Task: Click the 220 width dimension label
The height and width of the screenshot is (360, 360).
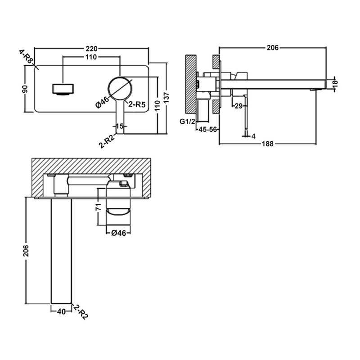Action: coord(92,49)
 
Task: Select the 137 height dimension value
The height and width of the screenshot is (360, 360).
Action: coord(166,98)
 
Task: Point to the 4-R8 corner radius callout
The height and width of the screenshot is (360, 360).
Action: coord(26,57)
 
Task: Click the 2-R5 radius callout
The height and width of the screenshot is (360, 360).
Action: coord(137,105)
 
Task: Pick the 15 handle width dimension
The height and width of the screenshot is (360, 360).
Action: coord(120,126)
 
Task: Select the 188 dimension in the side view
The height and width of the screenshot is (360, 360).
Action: coord(268,144)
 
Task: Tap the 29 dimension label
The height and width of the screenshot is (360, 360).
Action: coord(238,106)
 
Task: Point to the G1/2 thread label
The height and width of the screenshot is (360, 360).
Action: coord(187,121)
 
